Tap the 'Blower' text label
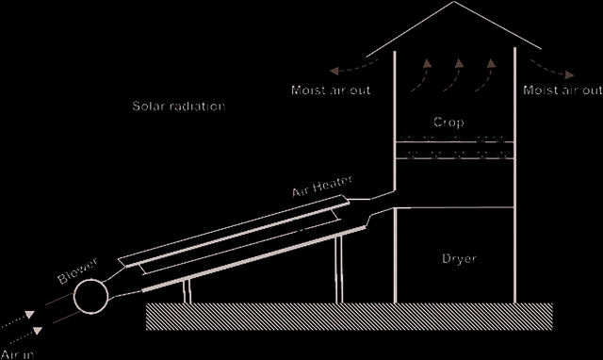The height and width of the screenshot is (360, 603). (x=77, y=271)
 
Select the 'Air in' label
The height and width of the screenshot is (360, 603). (x=18, y=354)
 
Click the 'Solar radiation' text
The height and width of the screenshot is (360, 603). (x=179, y=106)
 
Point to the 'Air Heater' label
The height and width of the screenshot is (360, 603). (x=322, y=186)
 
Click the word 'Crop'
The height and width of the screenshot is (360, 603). (x=448, y=123)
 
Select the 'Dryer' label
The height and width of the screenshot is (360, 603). (x=459, y=258)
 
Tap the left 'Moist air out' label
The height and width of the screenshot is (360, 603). (x=331, y=90)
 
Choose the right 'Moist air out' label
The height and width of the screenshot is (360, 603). (x=562, y=90)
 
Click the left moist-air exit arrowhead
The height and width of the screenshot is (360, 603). (x=334, y=72)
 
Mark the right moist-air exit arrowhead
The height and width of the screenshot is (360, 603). (x=569, y=74)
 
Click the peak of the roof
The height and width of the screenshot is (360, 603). (x=454, y=2)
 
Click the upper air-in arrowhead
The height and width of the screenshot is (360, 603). (x=29, y=315)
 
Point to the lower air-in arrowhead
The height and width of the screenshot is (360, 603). (x=38, y=331)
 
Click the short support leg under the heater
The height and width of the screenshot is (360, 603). (x=187, y=291)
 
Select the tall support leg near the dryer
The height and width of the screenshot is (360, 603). (x=339, y=270)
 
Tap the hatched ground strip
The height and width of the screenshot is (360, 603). (x=350, y=317)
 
